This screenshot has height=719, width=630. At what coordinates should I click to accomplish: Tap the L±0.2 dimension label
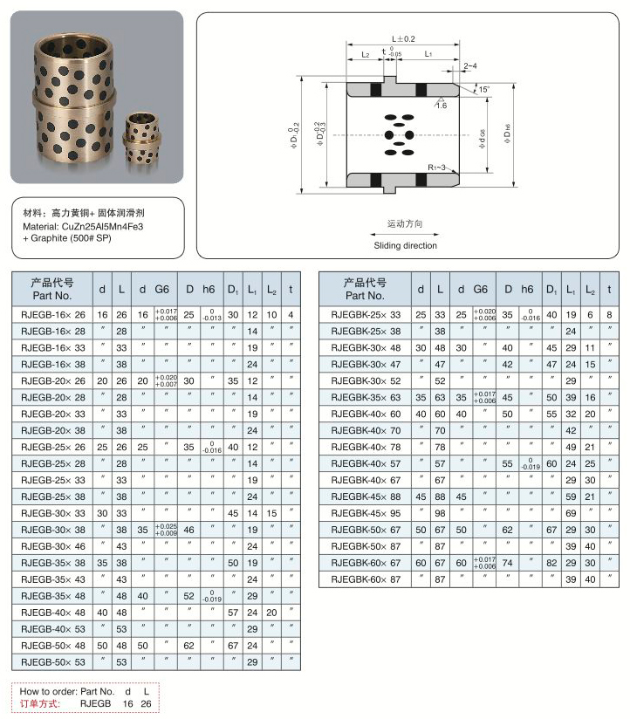[403, 39]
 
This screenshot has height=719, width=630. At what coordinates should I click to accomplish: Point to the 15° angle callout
[483, 90]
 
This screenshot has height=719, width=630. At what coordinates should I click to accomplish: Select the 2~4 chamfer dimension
[470, 66]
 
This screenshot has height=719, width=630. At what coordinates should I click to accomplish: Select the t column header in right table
[609, 289]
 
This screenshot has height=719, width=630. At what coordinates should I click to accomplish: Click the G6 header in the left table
[162, 289]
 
